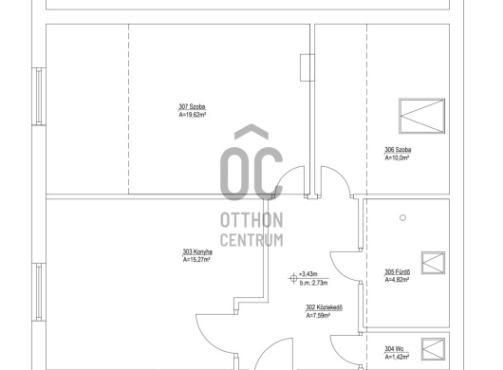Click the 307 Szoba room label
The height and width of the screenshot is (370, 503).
[x=192, y=107]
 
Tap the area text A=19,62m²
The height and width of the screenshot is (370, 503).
[x=192, y=115]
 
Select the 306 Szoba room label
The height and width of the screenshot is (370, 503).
[x=398, y=150]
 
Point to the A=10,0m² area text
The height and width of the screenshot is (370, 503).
[x=397, y=157]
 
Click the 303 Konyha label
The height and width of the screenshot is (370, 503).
[x=197, y=251]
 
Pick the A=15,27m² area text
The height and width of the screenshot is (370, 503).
[x=196, y=260]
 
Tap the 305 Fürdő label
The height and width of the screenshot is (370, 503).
[x=397, y=272]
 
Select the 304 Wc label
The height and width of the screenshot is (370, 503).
[x=394, y=349]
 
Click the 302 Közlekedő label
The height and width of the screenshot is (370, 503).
[x=324, y=307]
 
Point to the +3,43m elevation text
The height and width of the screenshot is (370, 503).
[x=307, y=274]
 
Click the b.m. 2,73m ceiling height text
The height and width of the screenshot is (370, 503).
[x=314, y=283]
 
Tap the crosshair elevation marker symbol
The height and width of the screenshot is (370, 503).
[x=293, y=278]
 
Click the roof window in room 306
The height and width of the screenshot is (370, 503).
[x=421, y=116]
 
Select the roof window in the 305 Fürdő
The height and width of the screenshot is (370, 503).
[x=433, y=263]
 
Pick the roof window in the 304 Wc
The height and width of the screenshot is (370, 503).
[x=433, y=349]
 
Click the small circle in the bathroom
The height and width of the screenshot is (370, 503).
[x=403, y=218]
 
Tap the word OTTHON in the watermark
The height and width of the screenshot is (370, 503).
[x=251, y=220]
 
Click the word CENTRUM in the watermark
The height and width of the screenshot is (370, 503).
[x=251, y=240]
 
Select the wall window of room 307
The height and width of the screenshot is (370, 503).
[x=39, y=96]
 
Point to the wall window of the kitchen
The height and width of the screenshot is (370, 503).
[x=39, y=292]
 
